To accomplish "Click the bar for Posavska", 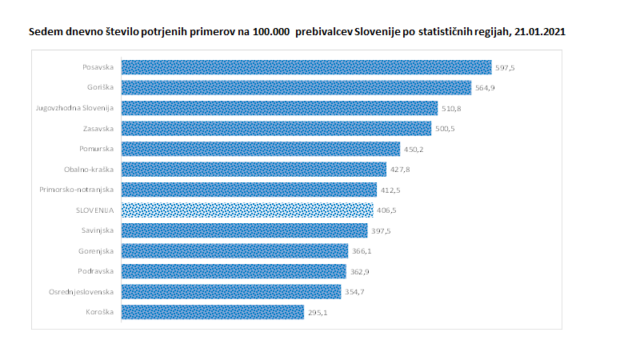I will pos(306,67).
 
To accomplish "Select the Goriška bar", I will pos(296,88).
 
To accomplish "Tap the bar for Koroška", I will pos(212,312).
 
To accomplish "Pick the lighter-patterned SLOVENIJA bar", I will pos(246,210).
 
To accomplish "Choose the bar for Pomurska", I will pos(260,149).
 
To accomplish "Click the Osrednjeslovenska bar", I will pos(230,292).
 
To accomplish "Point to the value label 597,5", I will pos(505,68).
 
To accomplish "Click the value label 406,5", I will pos(386,210).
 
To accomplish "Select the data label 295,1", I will pos(318,313).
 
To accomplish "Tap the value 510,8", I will pos(451,109).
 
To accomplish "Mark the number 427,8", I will pos(400,170).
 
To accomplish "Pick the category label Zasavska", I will pos(99,128).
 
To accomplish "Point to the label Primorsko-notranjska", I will pos(78,190).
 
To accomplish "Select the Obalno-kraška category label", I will pos(90,170).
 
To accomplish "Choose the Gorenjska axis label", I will pos(98,251).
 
